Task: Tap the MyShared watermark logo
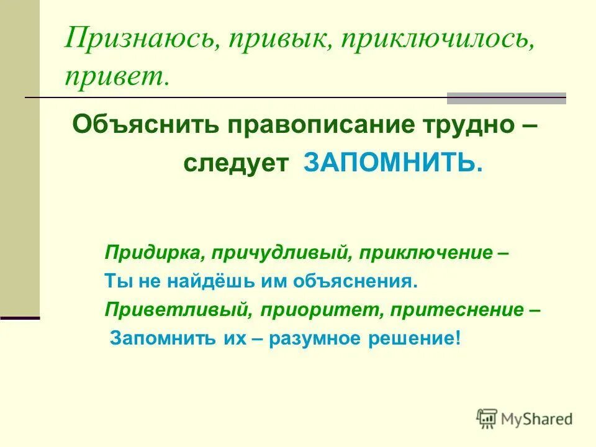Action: click(x=524, y=419)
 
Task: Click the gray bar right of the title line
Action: click(x=507, y=98)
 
